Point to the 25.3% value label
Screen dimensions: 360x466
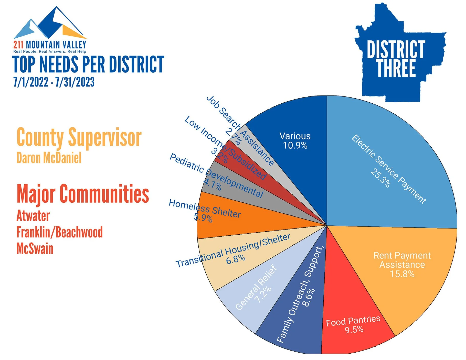[380, 178]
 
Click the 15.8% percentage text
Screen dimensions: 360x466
[402, 274]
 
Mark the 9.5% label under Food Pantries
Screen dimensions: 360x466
[354, 330]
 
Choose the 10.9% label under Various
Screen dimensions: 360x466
[295, 146]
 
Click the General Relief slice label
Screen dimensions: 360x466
[256, 288]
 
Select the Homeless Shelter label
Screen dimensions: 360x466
[205, 209]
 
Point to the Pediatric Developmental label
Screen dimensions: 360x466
[216, 175]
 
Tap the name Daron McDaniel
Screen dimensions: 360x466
[49, 158]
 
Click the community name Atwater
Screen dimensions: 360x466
[33, 216]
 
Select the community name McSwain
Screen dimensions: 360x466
[35, 248]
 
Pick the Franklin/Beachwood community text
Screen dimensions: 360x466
[59, 232]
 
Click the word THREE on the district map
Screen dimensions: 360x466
[396, 68]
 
